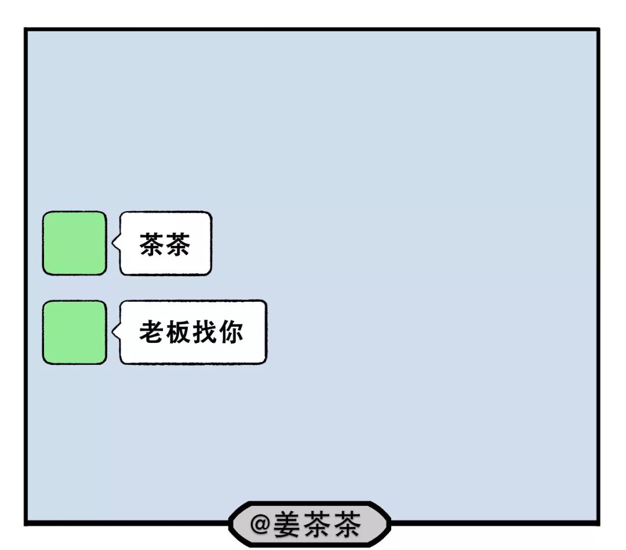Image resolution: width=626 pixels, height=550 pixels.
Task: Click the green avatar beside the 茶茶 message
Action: coord(74,243)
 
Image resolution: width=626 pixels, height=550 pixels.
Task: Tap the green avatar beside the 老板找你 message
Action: coord(74,332)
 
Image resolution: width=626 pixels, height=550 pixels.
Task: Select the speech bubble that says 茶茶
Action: coord(166,243)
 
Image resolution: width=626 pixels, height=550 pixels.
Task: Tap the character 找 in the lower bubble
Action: coord(205,332)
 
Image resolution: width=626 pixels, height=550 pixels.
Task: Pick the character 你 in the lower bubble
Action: coord(231,332)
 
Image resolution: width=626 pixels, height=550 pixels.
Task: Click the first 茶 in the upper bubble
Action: coord(152,244)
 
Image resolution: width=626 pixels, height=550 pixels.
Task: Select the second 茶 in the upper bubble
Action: coord(178,244)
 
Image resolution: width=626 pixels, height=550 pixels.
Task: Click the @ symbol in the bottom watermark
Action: coord(260,524)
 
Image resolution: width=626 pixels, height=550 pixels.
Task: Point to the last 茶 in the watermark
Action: coord(345,524)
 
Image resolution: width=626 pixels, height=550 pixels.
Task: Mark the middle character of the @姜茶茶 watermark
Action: coord(316,524)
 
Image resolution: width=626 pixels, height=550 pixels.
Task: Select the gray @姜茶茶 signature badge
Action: coord(310,524)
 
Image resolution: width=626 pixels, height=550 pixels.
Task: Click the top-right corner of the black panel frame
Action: coord(598,30)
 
